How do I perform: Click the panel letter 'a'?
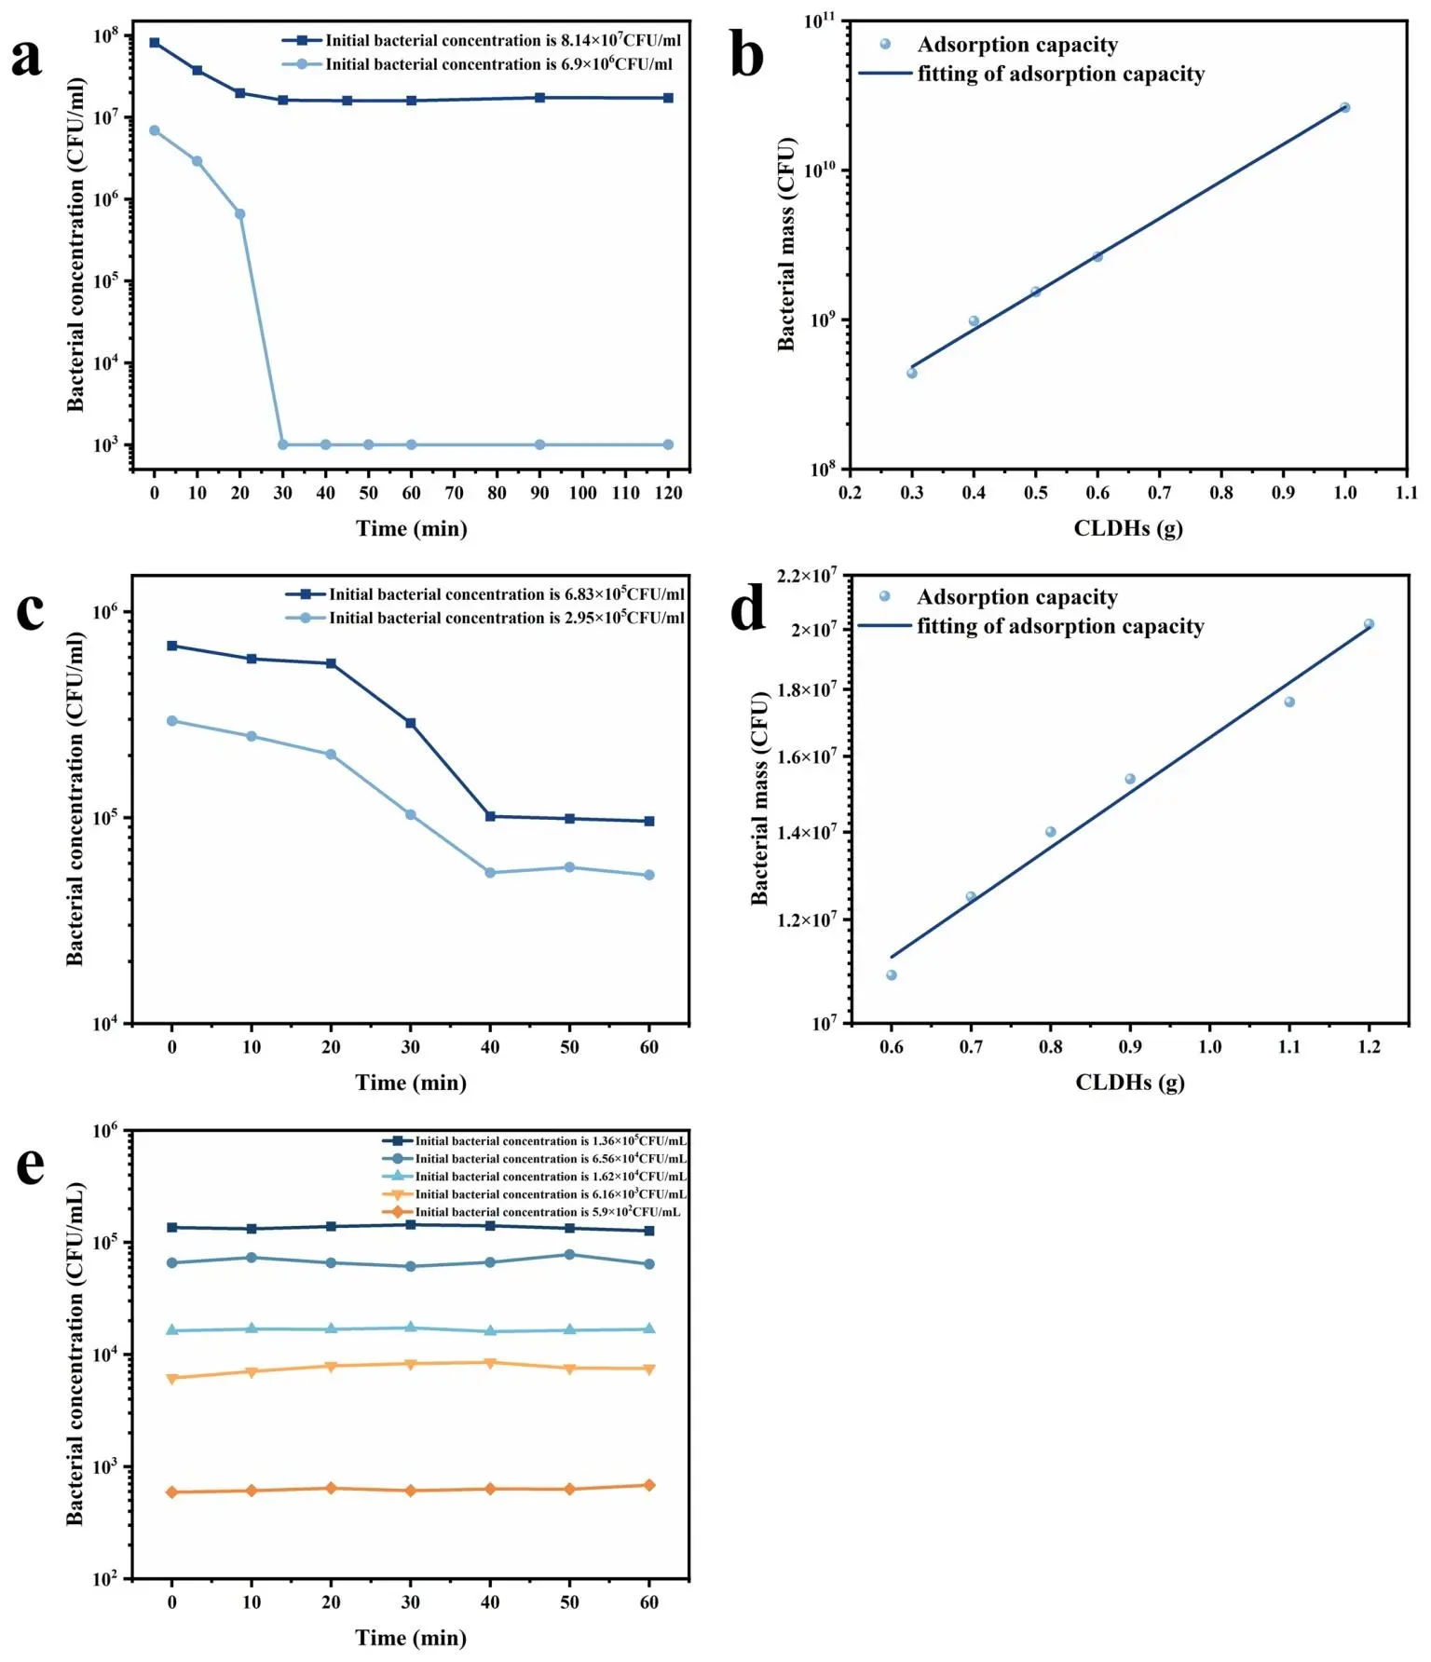click(x=27, y=58)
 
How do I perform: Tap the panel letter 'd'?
click(x=747, y=610)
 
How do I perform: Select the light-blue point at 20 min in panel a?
click(x=240, y=214)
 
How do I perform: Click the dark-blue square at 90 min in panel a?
click(x=539, y=98)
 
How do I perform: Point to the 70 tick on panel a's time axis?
click(x=454, y=493)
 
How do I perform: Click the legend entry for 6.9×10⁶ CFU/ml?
click(x=497, y=64)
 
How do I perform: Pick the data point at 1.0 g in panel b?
click(x=1344, y=108)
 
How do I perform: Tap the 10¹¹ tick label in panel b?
click(x=820, y=21)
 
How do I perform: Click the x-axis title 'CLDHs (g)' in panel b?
click(x=1127, y=528)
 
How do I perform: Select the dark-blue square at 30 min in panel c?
click(x=411, y=723)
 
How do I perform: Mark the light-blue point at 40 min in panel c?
click(x=490, y=873)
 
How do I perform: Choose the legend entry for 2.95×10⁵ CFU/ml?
click(x=505, y=619)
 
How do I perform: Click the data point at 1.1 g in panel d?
click(x=1289, y=702)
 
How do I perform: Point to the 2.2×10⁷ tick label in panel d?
click(x=807, y=577)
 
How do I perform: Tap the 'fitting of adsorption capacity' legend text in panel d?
click(x=1060, y=627)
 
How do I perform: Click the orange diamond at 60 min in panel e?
click(x=649, y=1486)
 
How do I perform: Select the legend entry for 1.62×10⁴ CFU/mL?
click(x=550, y=1177)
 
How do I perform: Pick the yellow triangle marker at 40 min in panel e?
click(x=490, y=1363)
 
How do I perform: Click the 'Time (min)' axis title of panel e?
click(x=411, y=1638)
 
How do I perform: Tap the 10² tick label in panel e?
click(x=105, y=1579)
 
